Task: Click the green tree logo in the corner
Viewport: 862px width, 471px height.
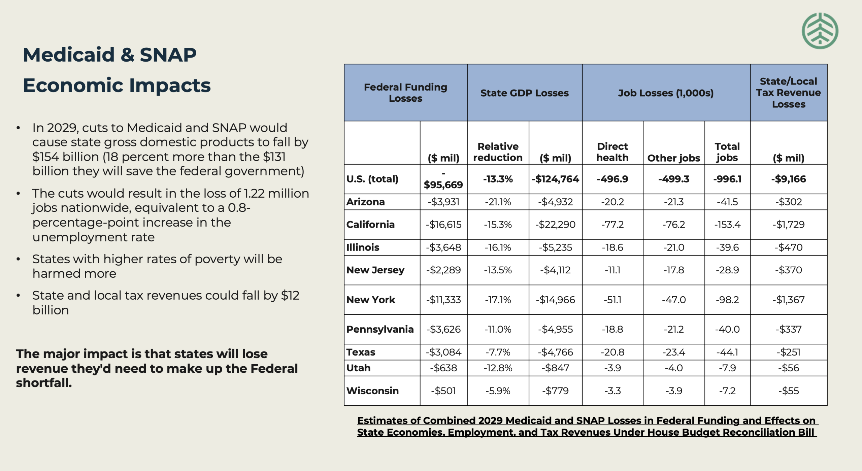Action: pos(820,31)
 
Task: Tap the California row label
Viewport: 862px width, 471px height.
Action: pos(370,225)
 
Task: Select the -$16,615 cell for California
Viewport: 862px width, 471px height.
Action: pos(443,225)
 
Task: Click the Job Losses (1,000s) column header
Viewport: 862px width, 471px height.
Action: pos(666,93)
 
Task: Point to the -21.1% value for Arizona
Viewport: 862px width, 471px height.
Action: pos(498,202)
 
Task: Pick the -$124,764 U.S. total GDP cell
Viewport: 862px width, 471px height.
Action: pos(555,179)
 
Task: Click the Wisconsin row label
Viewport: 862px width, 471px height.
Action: pos(372,391)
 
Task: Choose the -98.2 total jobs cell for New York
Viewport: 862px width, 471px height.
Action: pos(727,300)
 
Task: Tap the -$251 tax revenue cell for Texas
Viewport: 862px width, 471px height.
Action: pos(788,352)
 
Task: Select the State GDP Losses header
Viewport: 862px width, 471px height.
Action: pos(524,93)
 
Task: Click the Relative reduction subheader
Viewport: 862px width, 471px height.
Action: pos(498,152)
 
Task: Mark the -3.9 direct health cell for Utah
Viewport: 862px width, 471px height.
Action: pos(612,368)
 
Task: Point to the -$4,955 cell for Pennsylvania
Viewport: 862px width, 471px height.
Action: pos(555,329)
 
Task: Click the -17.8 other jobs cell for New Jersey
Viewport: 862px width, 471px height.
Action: pos(673,270)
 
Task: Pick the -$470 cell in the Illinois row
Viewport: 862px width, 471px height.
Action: pos(788,247)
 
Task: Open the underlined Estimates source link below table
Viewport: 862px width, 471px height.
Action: pos(586,426)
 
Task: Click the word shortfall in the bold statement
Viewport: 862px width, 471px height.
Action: pos(44,383)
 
